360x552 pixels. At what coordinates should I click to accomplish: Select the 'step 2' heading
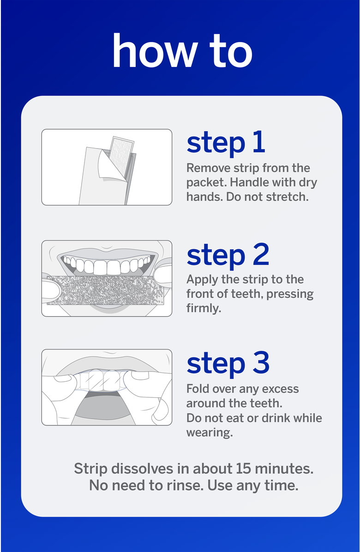pyautogui.click(x=228, y=255)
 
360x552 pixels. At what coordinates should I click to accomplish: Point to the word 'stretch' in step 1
pyautogui.click(x=286, y=197)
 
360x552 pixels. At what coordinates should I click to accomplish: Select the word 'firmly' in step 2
pyautogui.click(x=203, y=308)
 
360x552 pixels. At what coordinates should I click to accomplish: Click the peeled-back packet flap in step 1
pyautogui.click(x=111, y=164)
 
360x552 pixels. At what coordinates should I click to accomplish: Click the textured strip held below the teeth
pyautogui.click(x=105, y=290)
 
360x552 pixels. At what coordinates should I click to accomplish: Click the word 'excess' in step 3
pyautogui.click(x=280, y=389)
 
